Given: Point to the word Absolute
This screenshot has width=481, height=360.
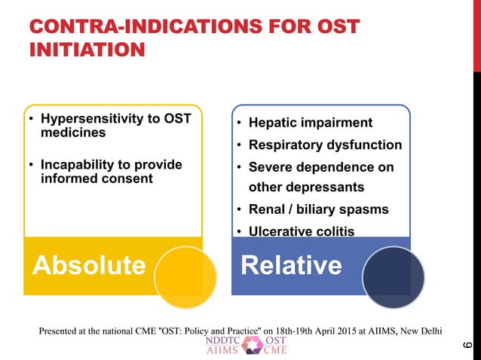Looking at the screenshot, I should [x=88, y=265].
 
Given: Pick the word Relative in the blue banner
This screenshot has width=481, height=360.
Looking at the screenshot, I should [x=291, y=265].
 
